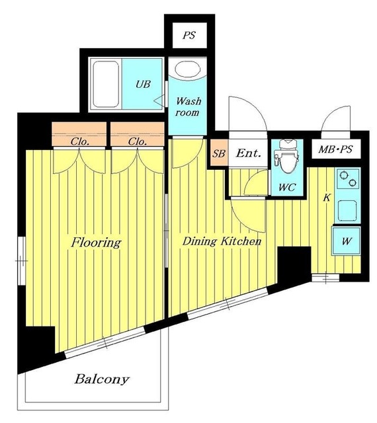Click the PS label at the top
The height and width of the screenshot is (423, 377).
coord(189,35)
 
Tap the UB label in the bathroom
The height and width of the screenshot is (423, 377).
coord(143,84)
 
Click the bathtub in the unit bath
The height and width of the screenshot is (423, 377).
coord(106,84)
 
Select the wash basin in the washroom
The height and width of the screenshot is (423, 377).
coord(187,69)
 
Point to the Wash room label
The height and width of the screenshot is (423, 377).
coord(188,106)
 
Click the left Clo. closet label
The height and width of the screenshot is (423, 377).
coord(79,141)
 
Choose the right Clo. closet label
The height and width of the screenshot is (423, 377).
coord(138,141)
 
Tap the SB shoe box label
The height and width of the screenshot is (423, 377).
coord(219,153)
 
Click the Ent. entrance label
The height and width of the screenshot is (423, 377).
coord(249,153)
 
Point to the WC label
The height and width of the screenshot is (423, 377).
coord(287,187)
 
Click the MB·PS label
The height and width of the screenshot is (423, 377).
coord(336,149)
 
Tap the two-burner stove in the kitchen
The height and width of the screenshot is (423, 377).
coord(348,179)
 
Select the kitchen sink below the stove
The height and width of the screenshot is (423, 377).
coord(348,210)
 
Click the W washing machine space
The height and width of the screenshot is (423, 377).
coord(347,241)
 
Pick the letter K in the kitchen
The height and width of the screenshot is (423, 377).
coord(327,198)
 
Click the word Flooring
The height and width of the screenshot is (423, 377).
coord(96,243)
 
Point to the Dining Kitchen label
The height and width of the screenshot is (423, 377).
coord(222,241)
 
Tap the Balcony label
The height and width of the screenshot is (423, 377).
coord(102,379)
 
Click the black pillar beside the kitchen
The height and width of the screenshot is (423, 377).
coord(294,264)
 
